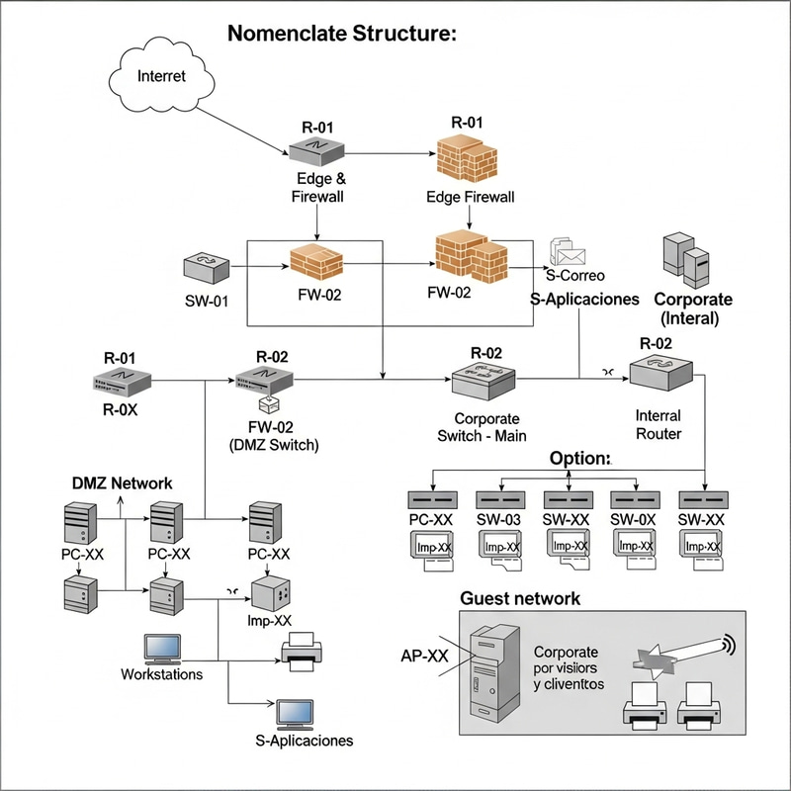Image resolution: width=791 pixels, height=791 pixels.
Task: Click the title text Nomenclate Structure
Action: [x=341, y=34]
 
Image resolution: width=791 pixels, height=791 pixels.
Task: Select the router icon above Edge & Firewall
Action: [x=315, y=149]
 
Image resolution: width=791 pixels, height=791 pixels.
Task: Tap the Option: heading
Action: [x=580, y=459]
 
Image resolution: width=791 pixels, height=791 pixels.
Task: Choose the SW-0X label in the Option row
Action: [x=634, y=519]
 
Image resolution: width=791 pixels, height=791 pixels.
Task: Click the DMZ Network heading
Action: [x=122, y=483]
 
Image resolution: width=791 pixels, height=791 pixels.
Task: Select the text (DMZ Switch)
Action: [x=271, y=445]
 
